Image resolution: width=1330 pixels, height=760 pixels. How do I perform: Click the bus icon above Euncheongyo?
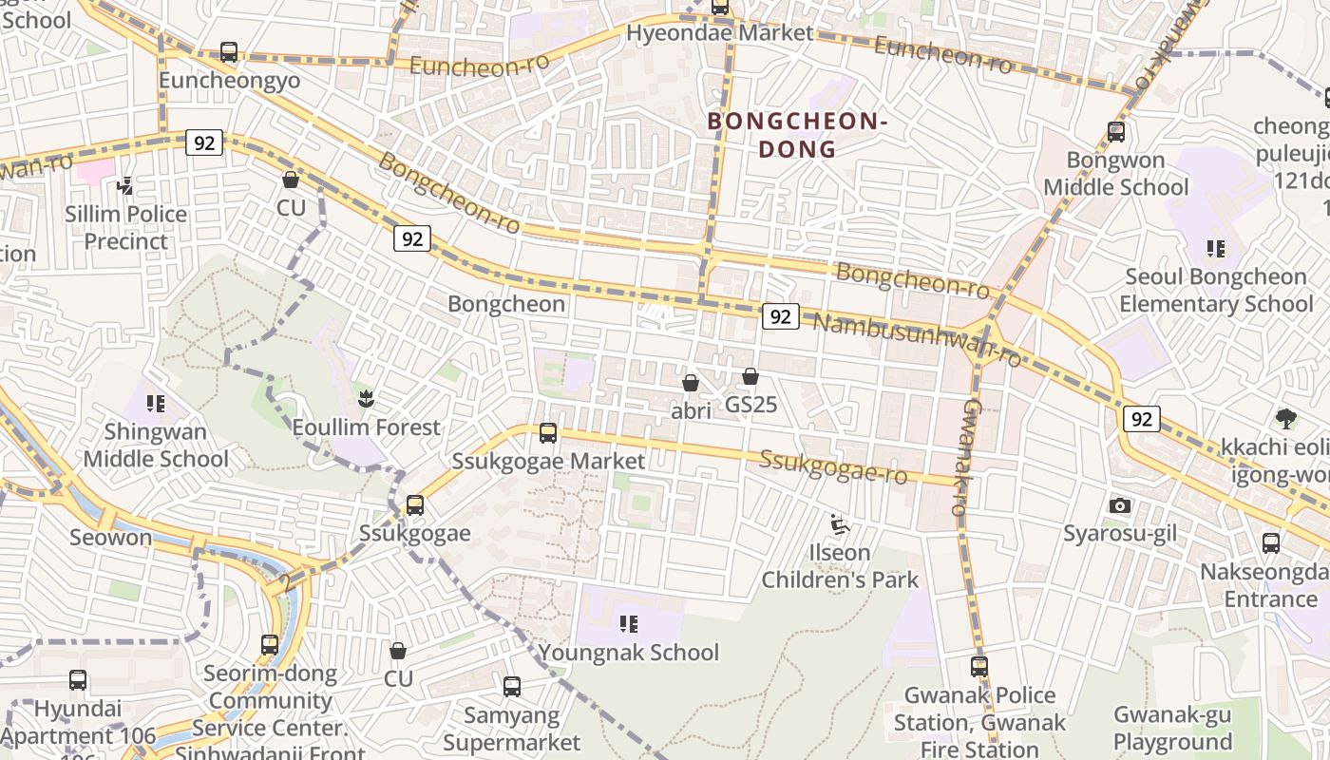(229, 52)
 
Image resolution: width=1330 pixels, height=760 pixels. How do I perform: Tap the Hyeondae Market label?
(719, 33)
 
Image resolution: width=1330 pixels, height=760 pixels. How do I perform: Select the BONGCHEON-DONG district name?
(796, 135)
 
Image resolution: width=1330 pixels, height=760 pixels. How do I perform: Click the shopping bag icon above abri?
(691, 383)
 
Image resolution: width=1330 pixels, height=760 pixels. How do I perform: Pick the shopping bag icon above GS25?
(750, 376)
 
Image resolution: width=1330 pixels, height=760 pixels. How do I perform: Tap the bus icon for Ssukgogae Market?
(548, 433)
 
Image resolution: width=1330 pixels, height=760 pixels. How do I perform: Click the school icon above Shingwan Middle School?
(155, 404)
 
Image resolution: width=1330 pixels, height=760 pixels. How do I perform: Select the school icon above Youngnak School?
(628, 624)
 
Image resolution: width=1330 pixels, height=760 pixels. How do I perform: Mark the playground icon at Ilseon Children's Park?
(839, 524)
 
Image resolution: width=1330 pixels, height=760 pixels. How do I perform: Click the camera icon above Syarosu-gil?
(1120, 505)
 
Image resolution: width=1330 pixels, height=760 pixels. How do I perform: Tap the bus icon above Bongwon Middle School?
(1116, 132)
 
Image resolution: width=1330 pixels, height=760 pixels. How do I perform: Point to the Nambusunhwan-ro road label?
(917, 338)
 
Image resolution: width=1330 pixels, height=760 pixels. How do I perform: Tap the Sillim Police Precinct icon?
(124, 186)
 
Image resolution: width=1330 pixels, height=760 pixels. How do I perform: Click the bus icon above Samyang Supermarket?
(512, 686)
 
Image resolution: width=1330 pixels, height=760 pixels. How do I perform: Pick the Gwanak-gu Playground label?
(1172, 728)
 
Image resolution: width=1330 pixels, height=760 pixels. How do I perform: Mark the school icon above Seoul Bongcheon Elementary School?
(1215, 249)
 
